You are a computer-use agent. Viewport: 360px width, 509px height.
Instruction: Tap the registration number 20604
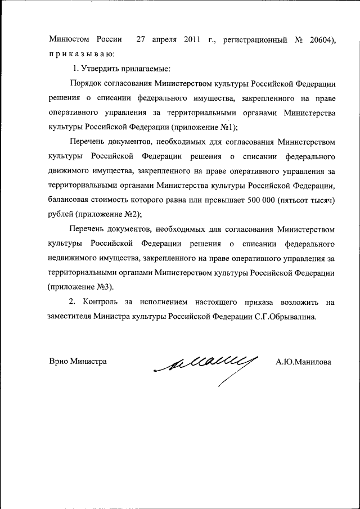click(x=318, y=39)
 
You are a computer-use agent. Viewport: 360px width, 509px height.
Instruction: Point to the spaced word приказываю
click(x=81, y=54)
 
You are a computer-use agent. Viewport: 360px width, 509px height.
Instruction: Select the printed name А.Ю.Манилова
click(x=303, y=362)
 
